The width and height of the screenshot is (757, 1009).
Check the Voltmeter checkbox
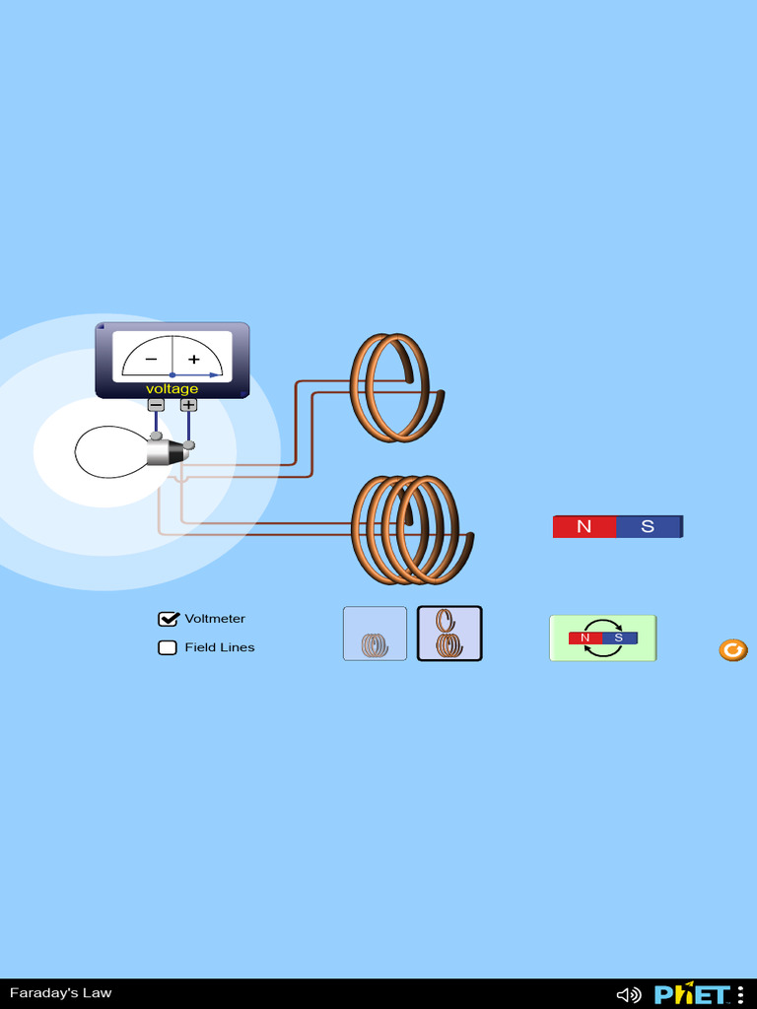point(168,619)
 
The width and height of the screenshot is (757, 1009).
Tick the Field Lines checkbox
point(168,647)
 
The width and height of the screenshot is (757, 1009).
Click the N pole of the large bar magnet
point(585,526)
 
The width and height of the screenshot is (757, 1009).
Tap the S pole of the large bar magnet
point(649,526)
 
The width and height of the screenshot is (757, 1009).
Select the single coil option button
point(375,634)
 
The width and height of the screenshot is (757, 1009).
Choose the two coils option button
point(449,634)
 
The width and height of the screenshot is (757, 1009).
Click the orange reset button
point(732,649)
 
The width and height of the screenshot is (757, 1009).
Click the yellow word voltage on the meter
point(172,389)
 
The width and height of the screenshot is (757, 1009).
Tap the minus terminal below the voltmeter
point(156,404)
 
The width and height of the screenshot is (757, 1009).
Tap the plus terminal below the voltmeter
point(188,404)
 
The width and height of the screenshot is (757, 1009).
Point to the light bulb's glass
point(108,452)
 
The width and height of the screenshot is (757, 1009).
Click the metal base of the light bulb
point(166,452)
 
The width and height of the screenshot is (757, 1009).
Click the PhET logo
point(692,993)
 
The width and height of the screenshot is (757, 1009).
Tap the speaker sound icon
point(628,994)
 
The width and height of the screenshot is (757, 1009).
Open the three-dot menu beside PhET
point(740,994)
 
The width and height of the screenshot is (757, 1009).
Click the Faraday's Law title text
point(61,993)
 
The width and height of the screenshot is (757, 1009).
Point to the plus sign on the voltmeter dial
point(194,360)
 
